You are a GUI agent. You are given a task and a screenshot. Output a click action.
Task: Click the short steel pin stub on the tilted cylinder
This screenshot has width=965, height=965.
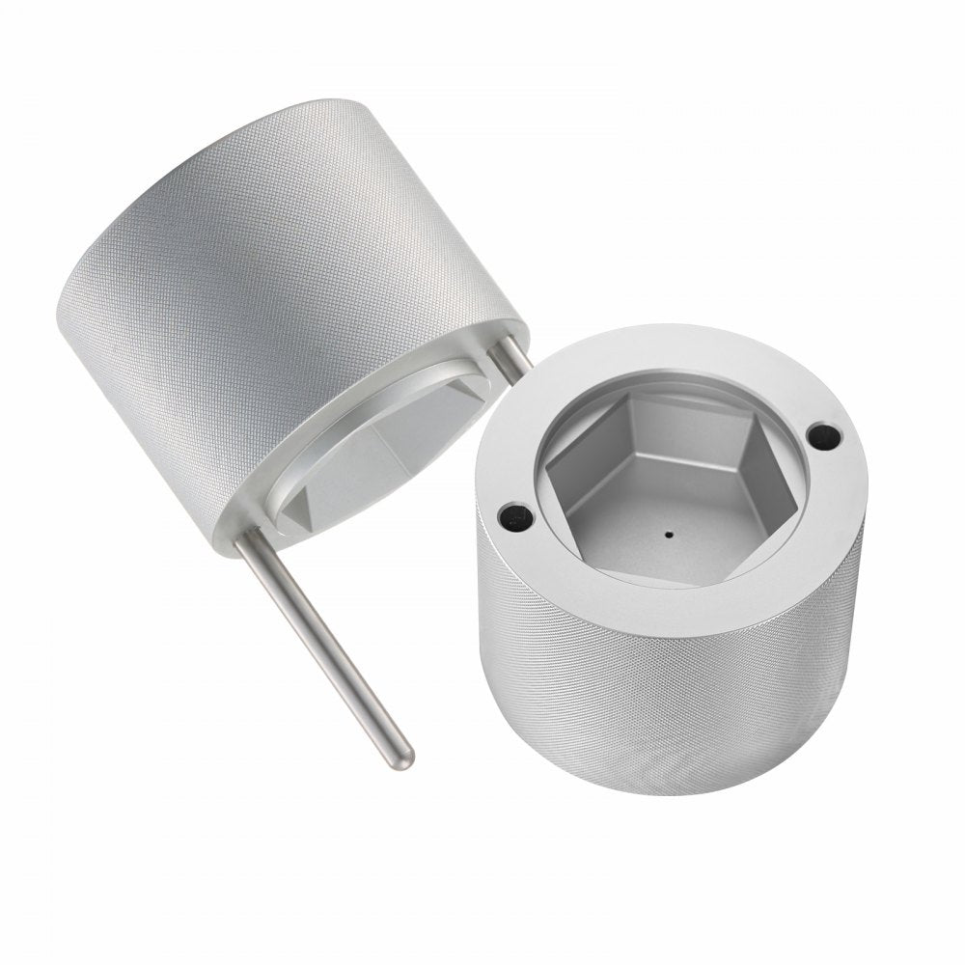(x=512, y=356)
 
